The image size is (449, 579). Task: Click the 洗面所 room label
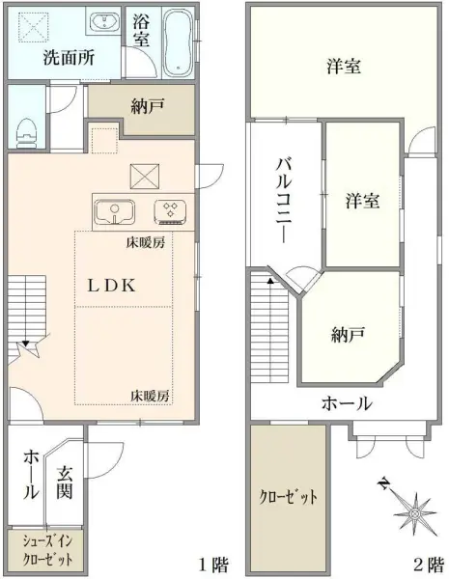click(69, 57)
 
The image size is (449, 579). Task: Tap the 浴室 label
click(141, 30)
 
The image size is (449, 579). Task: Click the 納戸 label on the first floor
click(147, 107)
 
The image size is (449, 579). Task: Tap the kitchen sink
click(117, 210)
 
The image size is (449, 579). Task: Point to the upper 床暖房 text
click(145, 242)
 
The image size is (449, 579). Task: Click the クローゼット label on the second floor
click(289, 498)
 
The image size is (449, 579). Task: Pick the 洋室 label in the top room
click(344, 67)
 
